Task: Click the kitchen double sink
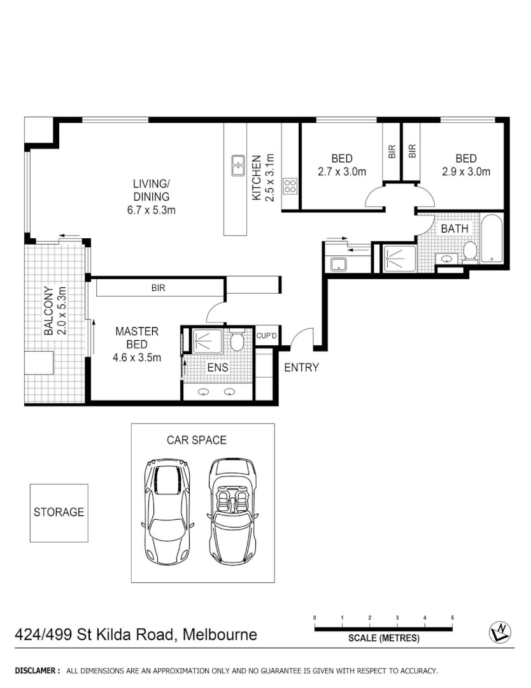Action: [238, 166]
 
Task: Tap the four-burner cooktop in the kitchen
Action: [290, 186]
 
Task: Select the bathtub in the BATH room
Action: [492, 240]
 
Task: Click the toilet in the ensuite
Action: [237, 342]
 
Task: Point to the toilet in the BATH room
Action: [471, 252]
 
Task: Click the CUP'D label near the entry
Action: [265, 336]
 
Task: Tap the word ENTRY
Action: [301, 368]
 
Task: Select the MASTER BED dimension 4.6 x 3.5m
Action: [137, 357]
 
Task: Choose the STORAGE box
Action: [59, 512]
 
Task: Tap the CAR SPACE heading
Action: [197, 440]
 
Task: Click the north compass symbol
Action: [500, 631]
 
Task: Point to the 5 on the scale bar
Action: [452, 618]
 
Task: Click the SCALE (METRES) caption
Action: [383, 638]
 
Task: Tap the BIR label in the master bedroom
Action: [159, 288]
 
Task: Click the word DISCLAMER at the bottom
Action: [38, 671]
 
